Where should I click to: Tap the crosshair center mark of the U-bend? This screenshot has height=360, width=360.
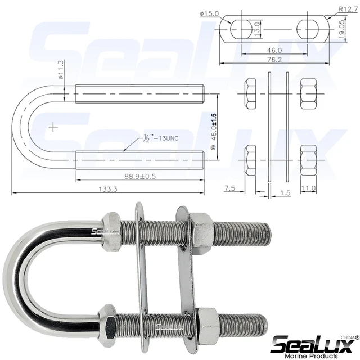(53, 127)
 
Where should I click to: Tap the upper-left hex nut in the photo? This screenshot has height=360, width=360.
(111, 230)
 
